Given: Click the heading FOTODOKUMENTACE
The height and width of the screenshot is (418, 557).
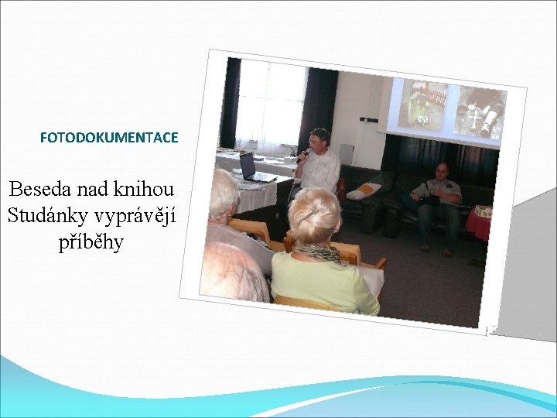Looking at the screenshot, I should [109, 138].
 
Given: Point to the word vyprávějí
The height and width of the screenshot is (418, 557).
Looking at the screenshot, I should [138, 217].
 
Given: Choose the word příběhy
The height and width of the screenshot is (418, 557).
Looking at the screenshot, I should [91, 242].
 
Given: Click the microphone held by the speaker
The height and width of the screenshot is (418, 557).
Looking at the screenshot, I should [303, 155].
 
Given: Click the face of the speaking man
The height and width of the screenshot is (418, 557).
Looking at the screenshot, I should [319, 141].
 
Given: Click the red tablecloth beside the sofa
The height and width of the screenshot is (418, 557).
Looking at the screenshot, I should [477, 224].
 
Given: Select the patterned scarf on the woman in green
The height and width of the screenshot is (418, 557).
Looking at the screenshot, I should [317, 252].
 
